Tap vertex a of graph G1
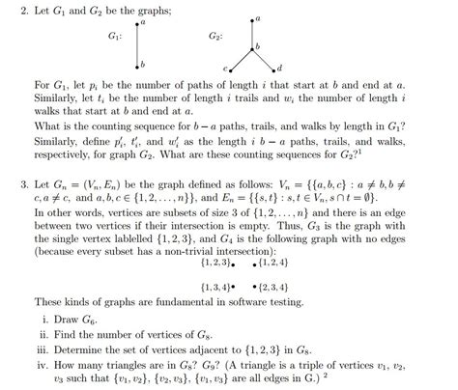pos(138,21)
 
